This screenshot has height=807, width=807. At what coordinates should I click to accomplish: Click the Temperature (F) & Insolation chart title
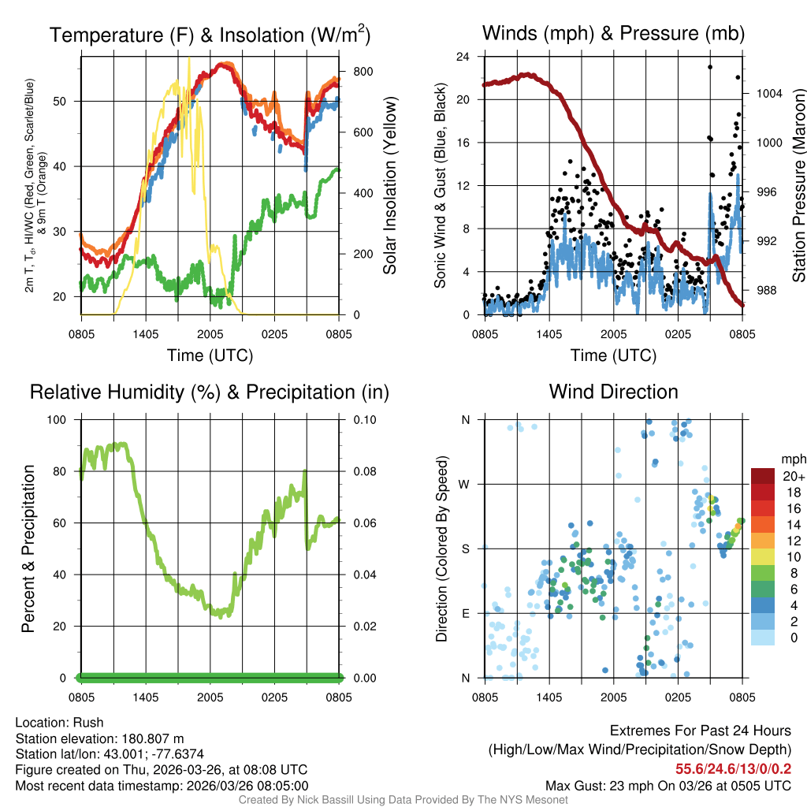(210, 35)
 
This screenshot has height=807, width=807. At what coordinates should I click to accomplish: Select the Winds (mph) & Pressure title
(613, 33)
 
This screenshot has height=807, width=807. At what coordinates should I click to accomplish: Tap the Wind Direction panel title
(613, 392)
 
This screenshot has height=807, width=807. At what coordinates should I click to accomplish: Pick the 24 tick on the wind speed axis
(463, 57)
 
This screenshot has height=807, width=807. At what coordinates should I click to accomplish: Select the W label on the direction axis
(465, 484)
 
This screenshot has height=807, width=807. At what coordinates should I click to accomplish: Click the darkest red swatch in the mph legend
(762, 476)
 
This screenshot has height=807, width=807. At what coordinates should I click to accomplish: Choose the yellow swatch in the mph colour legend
(762, 556)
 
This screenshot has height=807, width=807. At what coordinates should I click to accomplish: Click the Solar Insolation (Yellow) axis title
(389, 185)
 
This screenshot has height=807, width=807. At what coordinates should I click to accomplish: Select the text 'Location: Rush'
(59, 723)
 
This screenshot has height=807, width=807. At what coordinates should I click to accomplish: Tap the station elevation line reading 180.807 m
(99, 738)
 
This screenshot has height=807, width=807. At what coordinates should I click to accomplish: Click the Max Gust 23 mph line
(668, 786)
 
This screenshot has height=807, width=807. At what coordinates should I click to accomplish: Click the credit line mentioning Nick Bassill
(403, 800)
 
